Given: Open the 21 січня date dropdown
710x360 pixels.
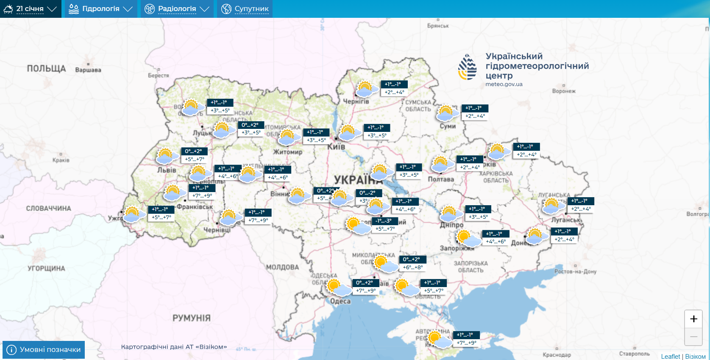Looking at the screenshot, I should coord(30,9).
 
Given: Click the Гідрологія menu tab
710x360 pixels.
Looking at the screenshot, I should coord(101,9).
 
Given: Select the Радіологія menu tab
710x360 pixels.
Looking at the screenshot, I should coord(177,9).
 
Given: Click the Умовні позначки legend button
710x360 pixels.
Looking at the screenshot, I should coord(44,350).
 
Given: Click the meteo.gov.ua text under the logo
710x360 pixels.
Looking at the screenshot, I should coord(504,84).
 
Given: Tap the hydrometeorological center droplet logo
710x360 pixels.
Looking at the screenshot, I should coord(468,67).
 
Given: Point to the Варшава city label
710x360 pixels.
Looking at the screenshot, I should coord(88,70).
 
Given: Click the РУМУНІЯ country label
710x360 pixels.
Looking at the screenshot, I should coord(191,318).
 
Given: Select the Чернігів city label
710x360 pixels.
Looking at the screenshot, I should coord(356,102).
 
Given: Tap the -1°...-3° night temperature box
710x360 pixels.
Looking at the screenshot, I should coord(384,221).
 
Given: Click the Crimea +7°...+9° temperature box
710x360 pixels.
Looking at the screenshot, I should coord(466,343).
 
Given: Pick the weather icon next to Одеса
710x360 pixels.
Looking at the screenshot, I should coord(338,287).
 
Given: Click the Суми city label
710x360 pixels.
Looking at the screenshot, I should coord(448,126).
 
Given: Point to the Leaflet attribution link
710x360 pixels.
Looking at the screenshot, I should coord(670,357).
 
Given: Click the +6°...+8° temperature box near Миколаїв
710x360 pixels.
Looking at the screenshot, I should coord(412,268).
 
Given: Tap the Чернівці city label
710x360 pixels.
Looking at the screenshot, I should coord(217,230).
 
